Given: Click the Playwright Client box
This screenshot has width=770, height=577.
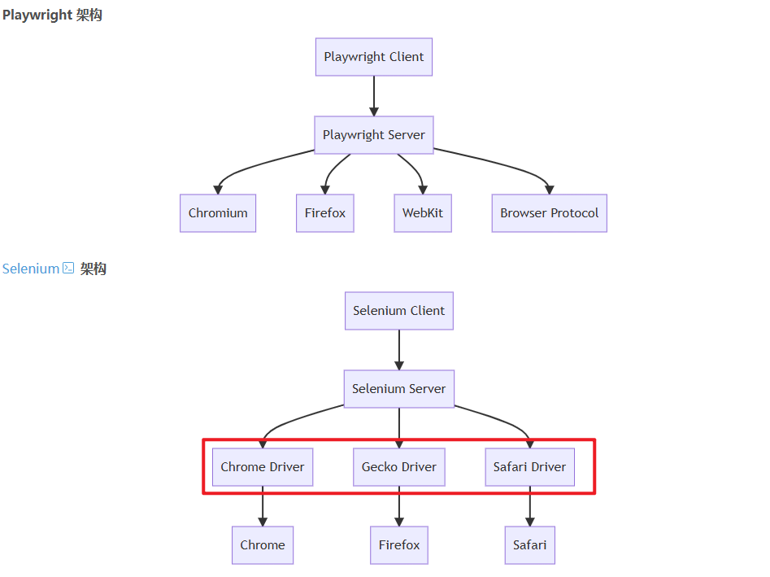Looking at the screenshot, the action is coord(374,57).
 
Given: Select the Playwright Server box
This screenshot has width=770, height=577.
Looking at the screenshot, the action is coord(374,135).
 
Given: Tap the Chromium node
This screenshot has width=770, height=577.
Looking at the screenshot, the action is coord(218,213).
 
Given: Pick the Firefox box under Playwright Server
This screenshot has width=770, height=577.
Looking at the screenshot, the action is coord(325,213).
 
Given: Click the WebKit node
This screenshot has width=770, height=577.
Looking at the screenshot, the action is coord(423,213).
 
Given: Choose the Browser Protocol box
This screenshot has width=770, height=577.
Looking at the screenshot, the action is coord(550,213).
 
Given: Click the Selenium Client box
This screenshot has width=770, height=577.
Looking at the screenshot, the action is coord(399,311).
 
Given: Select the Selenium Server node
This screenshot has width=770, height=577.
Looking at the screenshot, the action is coord(399,389).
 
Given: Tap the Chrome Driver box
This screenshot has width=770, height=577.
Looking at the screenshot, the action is coord(263,467).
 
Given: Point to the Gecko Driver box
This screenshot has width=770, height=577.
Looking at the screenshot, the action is coord(399,467).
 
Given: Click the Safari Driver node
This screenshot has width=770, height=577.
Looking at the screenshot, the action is coord(530,467).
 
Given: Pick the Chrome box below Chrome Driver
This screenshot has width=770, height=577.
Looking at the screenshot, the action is coord(263,545).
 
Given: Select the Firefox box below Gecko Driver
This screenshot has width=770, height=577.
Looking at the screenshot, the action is coord(399,545).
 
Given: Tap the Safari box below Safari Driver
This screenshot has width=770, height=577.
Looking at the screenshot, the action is coord(530,545).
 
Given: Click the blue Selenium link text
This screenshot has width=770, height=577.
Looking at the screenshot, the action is coord(31,269).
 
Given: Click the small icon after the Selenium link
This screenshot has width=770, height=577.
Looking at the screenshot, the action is coord(68,268).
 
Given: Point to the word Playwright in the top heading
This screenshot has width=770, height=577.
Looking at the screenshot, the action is coord(38,15).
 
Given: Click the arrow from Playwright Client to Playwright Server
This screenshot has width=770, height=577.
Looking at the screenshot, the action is coord(374,96).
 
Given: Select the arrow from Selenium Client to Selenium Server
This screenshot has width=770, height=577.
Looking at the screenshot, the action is coord(399,350).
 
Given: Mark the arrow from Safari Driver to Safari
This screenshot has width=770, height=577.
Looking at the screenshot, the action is coord(530,506).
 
